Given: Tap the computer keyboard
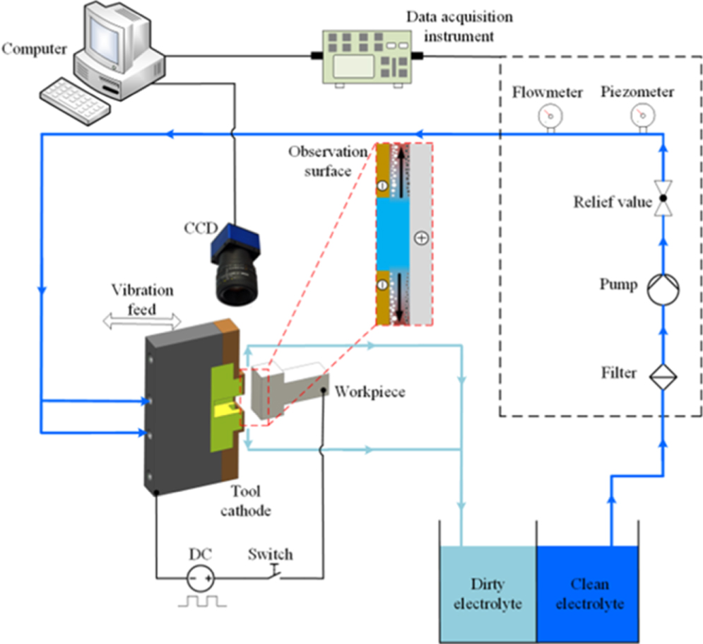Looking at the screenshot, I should [x=74, y=96].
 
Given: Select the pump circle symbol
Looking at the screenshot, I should [x=663, y=287].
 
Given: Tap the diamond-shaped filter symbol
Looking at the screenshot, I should [x=663, y=373].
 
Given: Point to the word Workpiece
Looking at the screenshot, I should [x=370, y=391].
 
